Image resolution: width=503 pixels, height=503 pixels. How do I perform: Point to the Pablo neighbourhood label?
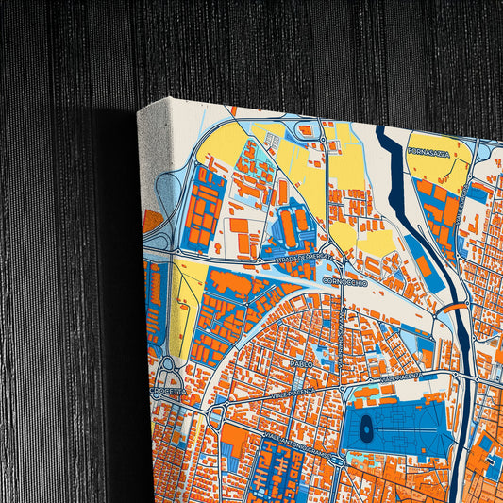[x=301, y=363]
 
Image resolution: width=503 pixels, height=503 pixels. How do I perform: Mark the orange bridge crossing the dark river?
[x=454, y=307]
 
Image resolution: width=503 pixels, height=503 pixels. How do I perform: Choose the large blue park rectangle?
[x=387, y=425]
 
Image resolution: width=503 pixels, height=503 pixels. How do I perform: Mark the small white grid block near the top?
[x=272, y=142]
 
